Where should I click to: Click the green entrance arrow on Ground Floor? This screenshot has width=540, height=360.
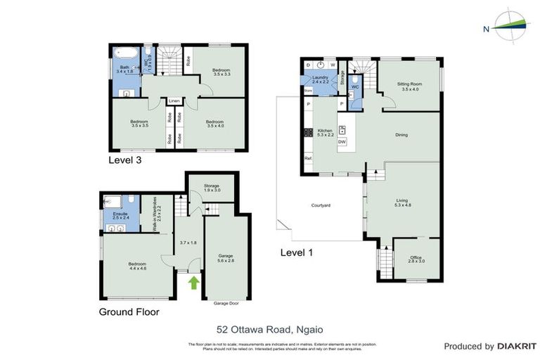(193, 283)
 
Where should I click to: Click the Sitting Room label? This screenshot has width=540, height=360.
(409, 85)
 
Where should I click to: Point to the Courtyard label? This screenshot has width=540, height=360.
(322, 205)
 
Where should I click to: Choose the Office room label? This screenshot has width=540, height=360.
(416, 258)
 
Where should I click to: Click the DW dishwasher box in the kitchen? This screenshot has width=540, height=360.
(342, 142)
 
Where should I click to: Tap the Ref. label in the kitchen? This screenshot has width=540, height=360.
(308, 158)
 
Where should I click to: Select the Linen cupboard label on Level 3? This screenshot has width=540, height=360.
(174, 101)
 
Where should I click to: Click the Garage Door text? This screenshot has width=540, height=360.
(226, 304)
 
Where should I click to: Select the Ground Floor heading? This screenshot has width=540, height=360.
(129, 312)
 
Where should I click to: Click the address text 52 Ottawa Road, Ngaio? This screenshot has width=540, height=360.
(269, 328)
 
